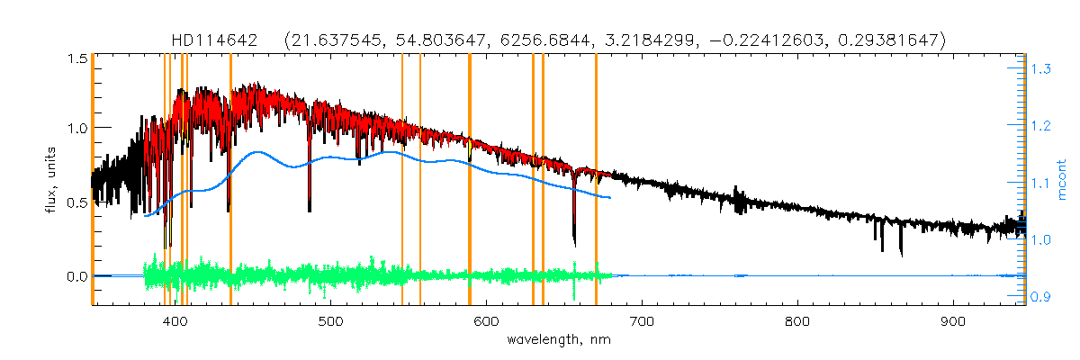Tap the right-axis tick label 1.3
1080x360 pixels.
tap(1042, 69)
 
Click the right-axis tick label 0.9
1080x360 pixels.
tap(1042, 297)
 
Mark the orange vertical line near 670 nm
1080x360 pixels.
tap(596, 180)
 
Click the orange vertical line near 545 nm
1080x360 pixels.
tap(401, 180)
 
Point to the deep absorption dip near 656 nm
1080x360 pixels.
tap(574, 241)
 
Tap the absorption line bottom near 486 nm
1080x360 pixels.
tap(310, 210)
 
